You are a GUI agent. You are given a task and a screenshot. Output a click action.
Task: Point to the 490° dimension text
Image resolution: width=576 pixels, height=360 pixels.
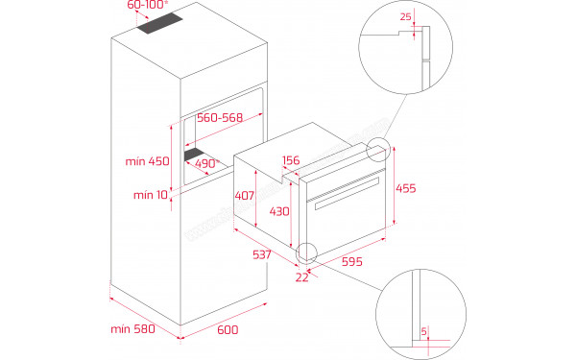click(207, 163)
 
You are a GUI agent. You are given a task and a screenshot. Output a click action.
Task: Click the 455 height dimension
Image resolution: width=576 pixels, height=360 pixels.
click(406, 189)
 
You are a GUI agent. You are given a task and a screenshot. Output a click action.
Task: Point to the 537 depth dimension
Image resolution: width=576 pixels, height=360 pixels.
click(260, 255)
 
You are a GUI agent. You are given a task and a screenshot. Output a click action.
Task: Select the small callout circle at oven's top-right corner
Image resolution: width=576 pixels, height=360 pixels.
click(376, 151)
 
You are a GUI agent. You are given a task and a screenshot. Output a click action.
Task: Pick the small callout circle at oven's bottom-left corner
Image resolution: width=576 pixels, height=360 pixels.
click(307, 253)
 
